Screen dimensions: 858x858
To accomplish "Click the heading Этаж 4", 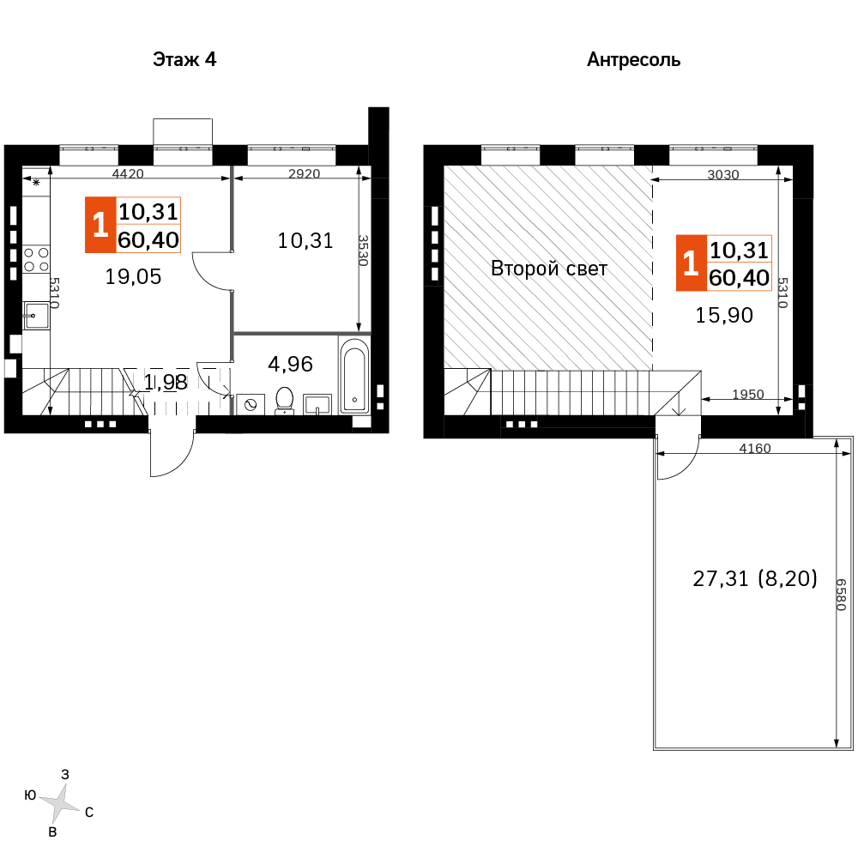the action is tap(184, 59).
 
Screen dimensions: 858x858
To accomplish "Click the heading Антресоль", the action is tap(634, 60).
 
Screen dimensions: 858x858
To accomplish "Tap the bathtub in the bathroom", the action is tap(354, 376).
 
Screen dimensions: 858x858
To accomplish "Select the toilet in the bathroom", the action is tap(285, 400).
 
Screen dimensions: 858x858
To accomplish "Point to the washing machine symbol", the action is tap(251, 404).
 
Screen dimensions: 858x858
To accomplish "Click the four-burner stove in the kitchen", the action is tap(36, 259).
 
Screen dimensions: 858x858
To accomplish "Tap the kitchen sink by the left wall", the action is tap(36, 316).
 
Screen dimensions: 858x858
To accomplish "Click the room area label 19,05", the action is tap(133, 277).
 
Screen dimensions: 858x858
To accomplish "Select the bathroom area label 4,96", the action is tap(290, 364).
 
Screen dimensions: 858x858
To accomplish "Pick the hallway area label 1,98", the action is tap(166, 382).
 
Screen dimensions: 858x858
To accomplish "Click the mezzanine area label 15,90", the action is tap(724, 315).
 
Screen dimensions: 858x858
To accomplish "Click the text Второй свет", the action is tap(549, 269).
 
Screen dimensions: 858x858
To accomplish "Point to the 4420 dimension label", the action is tap(128, 173).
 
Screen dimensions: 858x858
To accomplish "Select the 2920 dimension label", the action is tap(305, 173).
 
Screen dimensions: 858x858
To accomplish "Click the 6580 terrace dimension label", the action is tap(842, 595).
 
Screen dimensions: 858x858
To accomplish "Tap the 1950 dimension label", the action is tap(748, 394).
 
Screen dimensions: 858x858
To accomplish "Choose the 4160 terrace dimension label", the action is tap(755, 448).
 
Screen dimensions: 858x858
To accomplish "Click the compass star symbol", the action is tap(60, 804).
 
